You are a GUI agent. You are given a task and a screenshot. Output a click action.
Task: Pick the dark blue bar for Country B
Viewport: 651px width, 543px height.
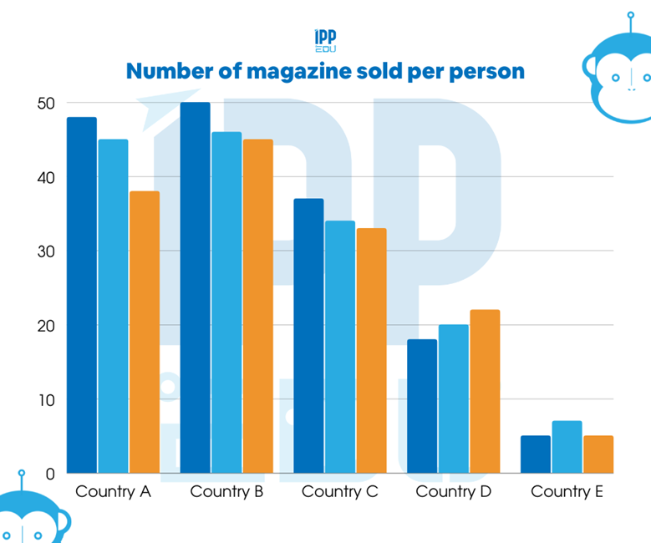tap(196, 287)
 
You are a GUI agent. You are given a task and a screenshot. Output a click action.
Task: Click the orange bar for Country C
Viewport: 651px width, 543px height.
tap(371, 351)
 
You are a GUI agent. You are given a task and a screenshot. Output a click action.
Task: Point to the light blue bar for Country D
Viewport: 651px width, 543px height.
tap(454, 399)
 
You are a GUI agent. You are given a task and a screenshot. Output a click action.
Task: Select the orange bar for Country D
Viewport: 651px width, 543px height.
tap(485, 392)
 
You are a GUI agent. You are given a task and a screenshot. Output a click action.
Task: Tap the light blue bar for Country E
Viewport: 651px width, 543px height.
tap(567, 447)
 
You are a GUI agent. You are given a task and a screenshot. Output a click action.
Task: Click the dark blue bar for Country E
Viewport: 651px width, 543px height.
tap(536, 454)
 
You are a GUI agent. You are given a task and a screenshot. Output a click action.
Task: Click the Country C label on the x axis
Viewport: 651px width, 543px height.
tap(340, 491)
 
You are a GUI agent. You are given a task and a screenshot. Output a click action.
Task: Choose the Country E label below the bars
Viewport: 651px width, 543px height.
tap(567, 491)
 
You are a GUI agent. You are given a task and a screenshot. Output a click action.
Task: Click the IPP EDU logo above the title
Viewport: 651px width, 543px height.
tap(325, 39)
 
